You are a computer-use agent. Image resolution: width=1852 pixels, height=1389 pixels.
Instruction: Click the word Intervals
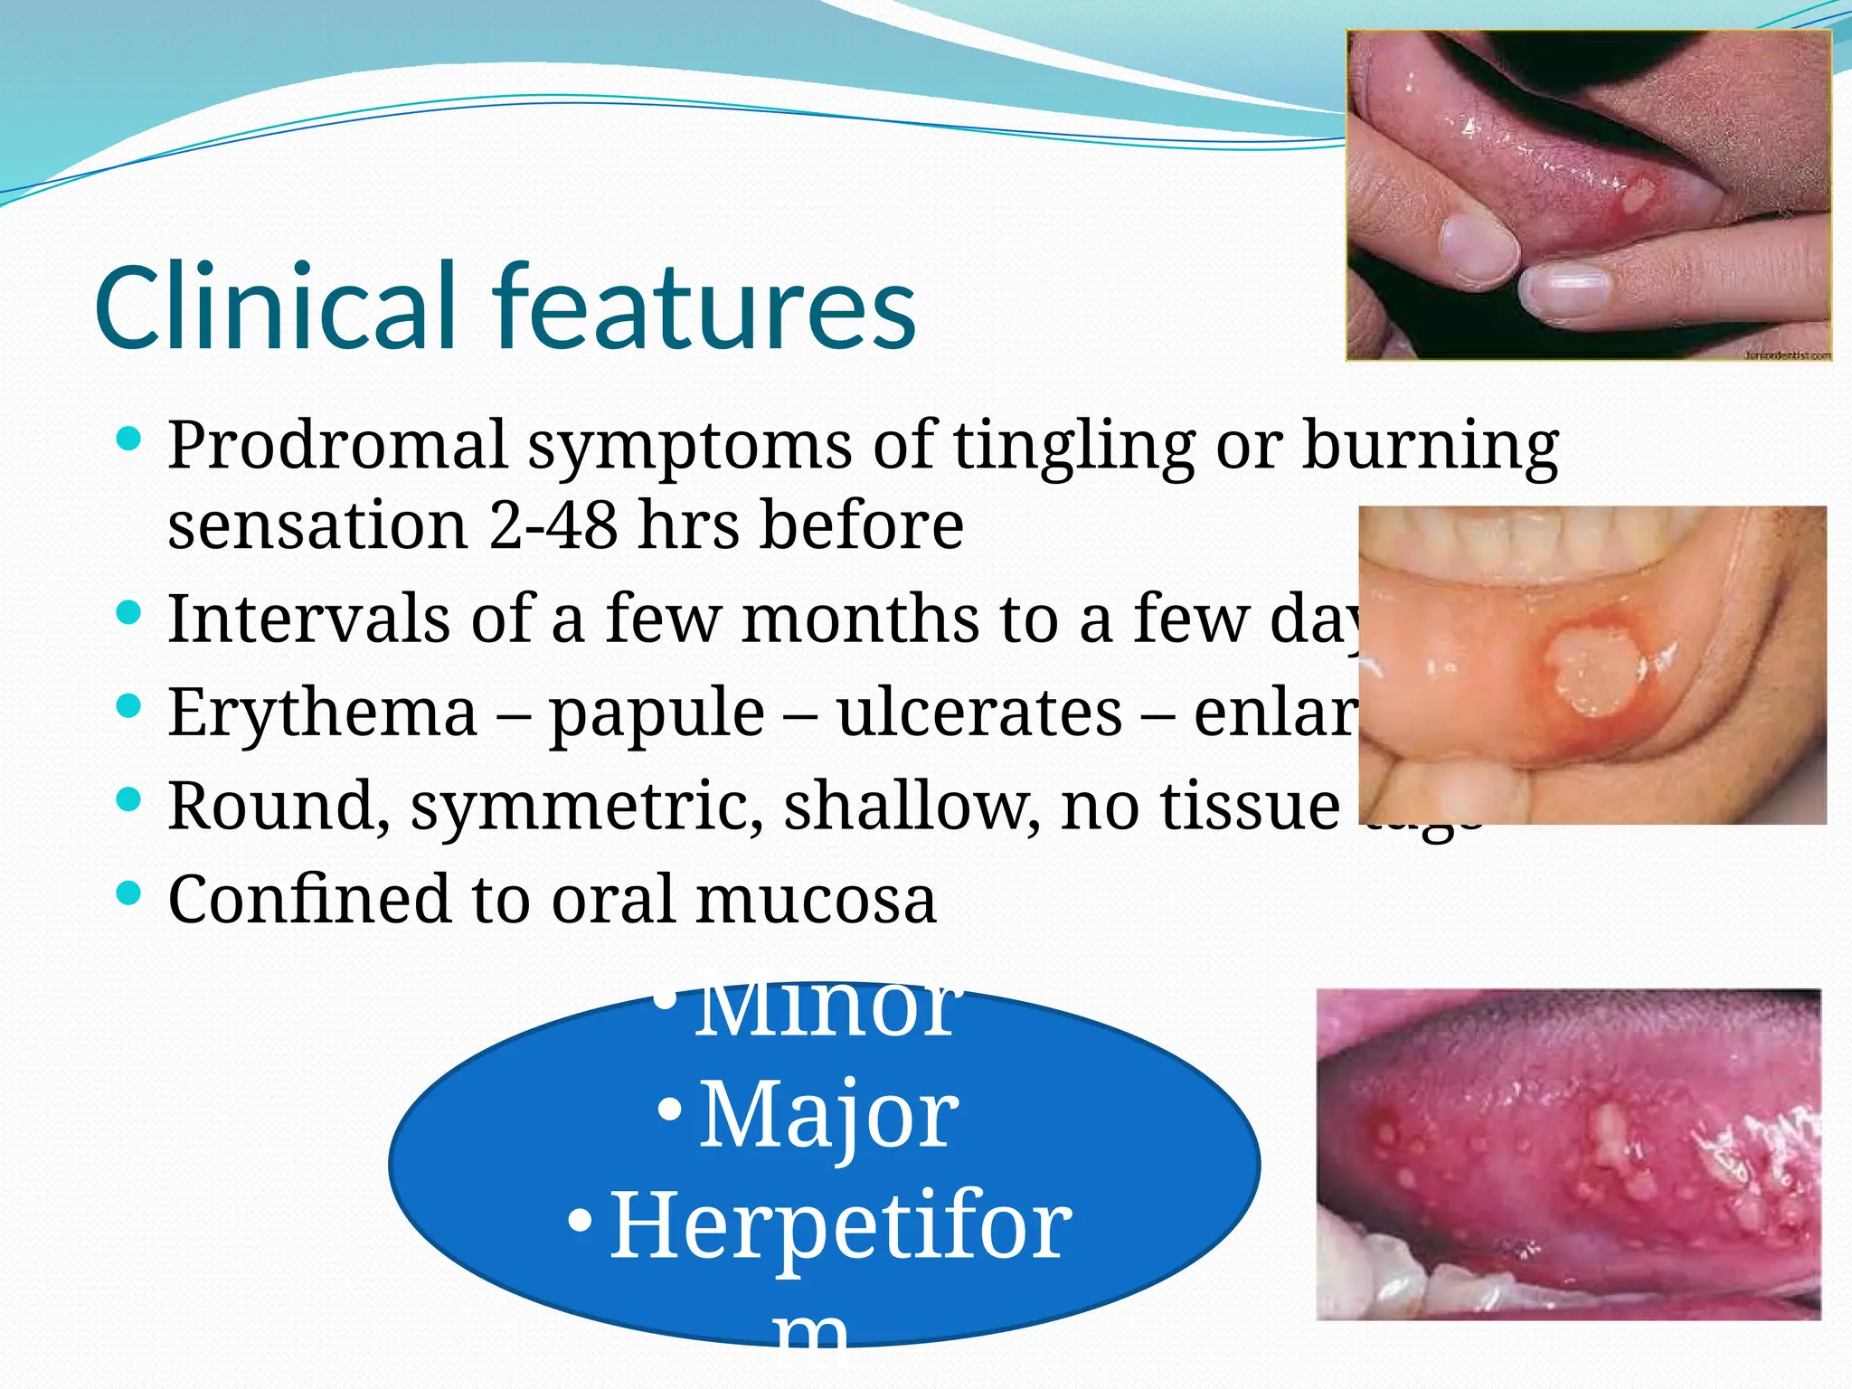pyautogui.click(x=308, y=619)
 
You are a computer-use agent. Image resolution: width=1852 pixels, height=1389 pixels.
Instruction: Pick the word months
pyautogui.click(x=860, y=619)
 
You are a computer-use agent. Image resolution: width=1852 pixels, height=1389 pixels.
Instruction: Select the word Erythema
pyautogui.click(x=322, y=713)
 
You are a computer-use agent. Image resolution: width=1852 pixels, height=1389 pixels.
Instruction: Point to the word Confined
pyautogui.click(x=308, y=899)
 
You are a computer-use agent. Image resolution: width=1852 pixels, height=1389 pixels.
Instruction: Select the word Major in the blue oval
pyautogui.click(x=827, y=1116)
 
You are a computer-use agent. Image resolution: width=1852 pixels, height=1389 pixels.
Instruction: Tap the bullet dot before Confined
pyautogui.click(x=129, y=893)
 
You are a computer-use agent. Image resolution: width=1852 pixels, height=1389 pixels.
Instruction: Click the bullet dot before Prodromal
pyautogui.click(x=129, y=440)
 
